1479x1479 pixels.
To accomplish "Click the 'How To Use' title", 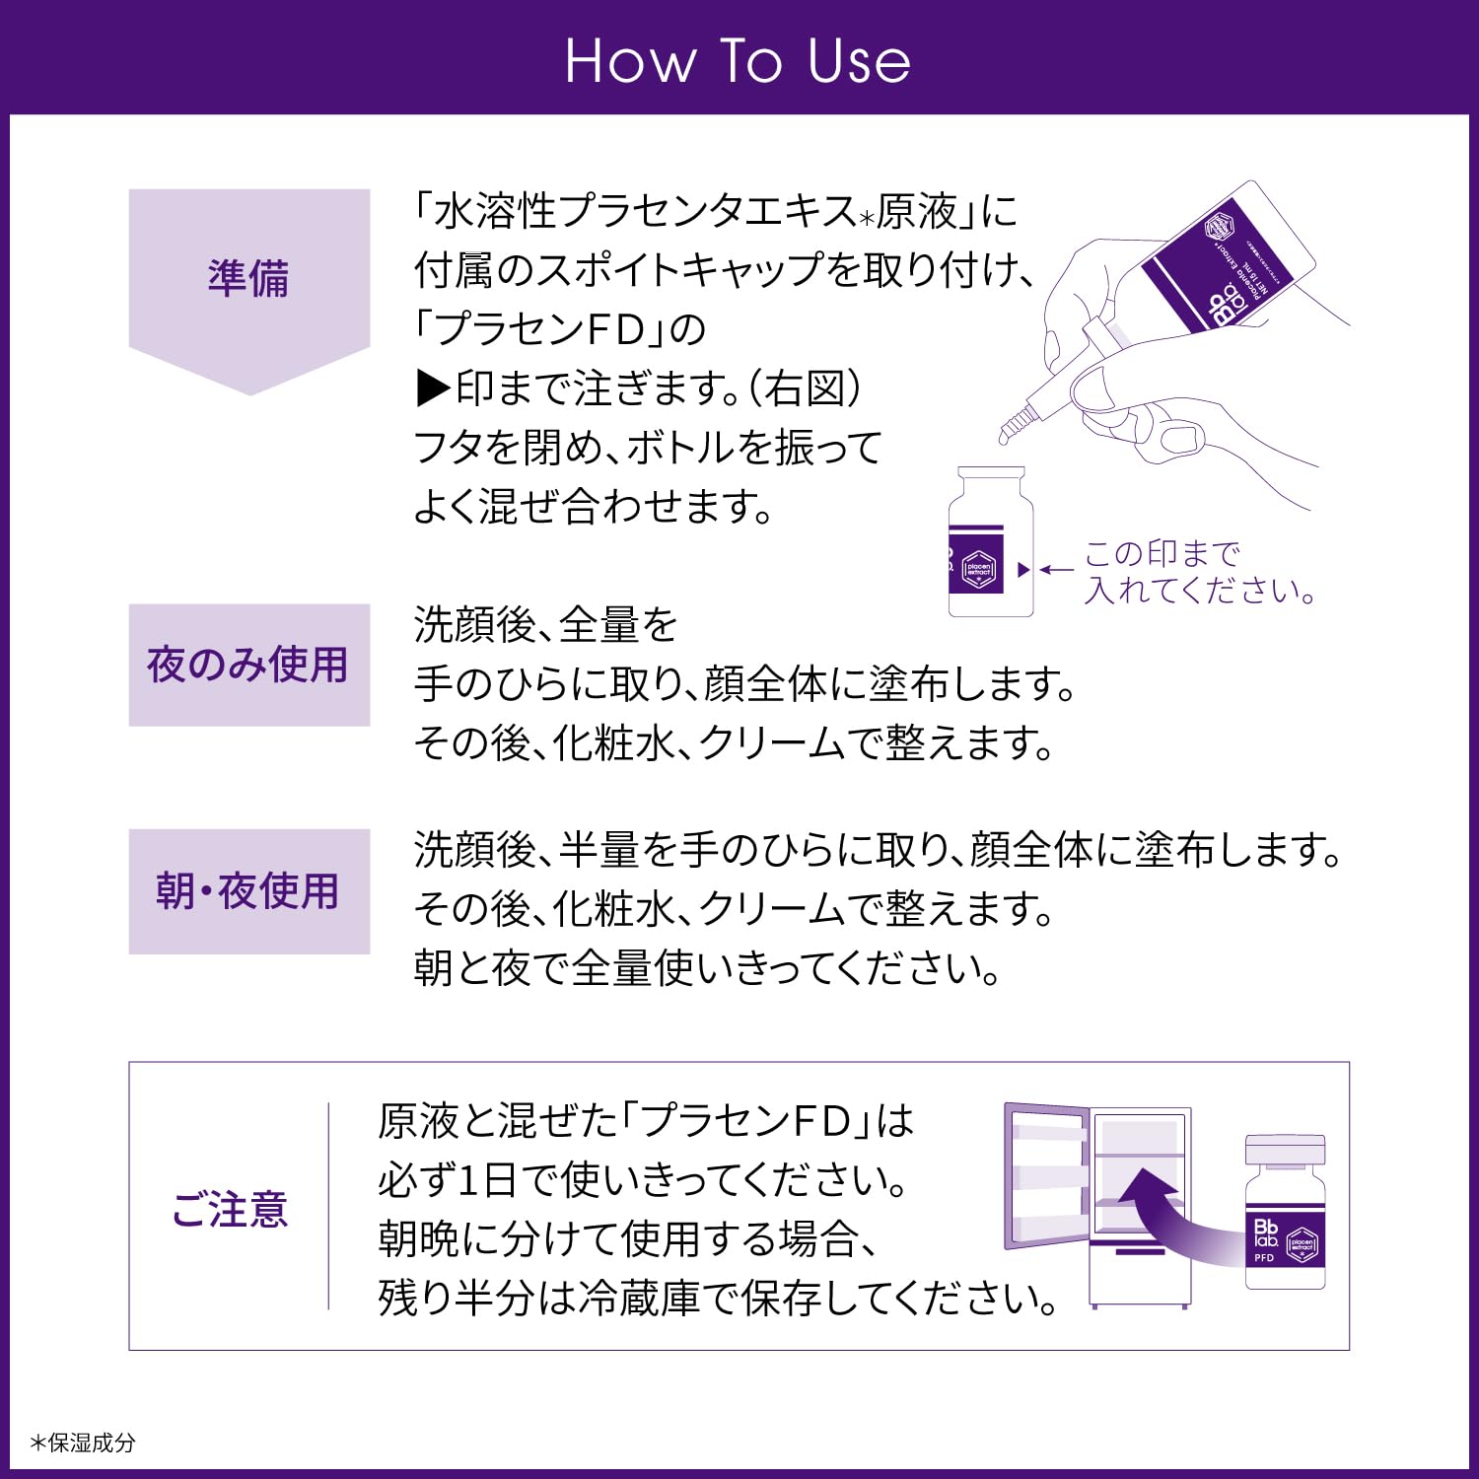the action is click(738, 61).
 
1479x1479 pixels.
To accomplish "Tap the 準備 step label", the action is click(248, 278).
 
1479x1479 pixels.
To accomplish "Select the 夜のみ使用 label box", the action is click(248, 665).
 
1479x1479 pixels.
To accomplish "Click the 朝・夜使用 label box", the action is click(248, 891).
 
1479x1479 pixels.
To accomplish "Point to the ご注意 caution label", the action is click(230, 1209).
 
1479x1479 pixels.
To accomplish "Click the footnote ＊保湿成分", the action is click(83, 1443).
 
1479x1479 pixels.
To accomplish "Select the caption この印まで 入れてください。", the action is click(1199, 572).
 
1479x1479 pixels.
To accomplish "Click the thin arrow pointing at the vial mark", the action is click(1057, 570).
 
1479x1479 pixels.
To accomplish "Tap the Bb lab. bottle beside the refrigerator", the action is click(1285, 1215).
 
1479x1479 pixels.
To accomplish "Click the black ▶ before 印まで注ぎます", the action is click(433, 389).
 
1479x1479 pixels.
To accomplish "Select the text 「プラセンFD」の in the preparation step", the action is click(560, 329).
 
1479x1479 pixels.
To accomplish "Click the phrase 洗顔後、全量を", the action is click(546, 625).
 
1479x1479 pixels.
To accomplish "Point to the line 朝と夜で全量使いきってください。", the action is click(708, 968).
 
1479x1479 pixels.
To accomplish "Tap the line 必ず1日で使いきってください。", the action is click(643, 1180).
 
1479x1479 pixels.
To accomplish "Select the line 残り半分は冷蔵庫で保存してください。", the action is click(718, 1299).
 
